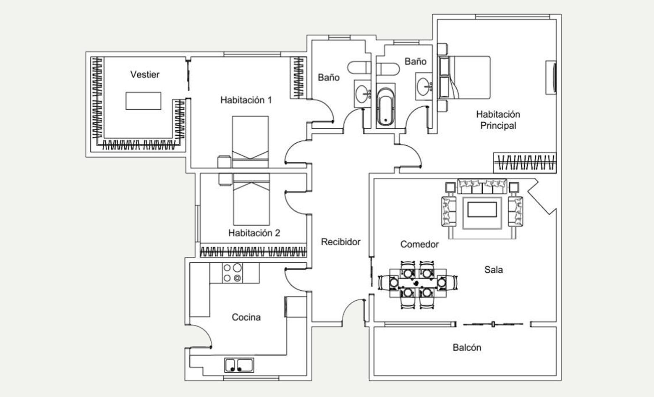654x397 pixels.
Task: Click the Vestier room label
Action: [x=145, y=75]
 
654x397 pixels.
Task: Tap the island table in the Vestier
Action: [x=144, y=101]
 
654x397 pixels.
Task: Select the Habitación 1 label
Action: [x=246, y=100]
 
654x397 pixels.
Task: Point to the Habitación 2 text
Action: [x=254, y=233]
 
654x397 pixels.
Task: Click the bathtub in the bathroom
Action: [x=386, y=105]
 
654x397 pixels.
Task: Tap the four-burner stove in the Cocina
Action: [x=233, y=273]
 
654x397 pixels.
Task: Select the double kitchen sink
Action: [x=239, y=365]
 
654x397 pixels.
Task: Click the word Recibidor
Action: [x=341, y=242]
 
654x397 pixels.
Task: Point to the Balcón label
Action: [x=467, y=347]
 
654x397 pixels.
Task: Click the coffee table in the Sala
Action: [x=482, y=210]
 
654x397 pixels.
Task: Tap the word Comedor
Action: [x=419, y=244]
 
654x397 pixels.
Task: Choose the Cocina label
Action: [x=246, y=317]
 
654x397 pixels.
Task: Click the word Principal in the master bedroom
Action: [x=498, y=126]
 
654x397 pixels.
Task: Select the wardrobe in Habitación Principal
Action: [x=525, y=163]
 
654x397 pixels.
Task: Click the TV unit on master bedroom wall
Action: [x=551, y=78]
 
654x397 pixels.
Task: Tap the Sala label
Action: [x=493, y=270]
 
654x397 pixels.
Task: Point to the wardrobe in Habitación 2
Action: [x=253, y=250]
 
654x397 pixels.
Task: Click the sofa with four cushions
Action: [x=482, y=187]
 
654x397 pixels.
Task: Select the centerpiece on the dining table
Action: [x=416, y=283]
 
